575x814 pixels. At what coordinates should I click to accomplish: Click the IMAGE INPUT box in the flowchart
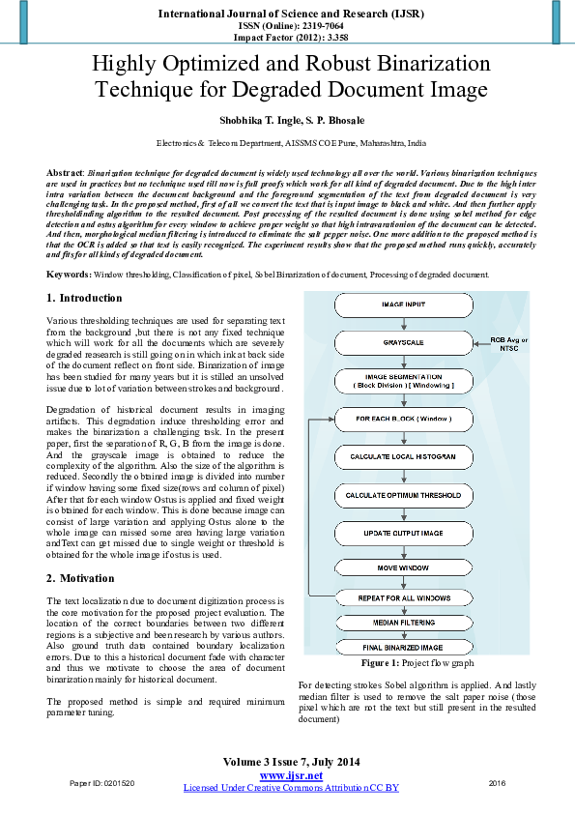click(402, 306)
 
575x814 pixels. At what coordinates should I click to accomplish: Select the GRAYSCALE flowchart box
click(402, 343)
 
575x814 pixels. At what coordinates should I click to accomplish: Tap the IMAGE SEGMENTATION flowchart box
click(402, 381)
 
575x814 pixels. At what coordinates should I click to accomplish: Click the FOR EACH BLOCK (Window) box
click(402, 420)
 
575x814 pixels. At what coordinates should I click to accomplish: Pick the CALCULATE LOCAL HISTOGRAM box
click(402, 456)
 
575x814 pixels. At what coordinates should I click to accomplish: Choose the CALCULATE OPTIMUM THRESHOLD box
click(402, 495)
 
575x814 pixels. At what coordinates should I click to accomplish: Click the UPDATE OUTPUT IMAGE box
click(402, 533)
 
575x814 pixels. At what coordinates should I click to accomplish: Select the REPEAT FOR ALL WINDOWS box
click(402, 597)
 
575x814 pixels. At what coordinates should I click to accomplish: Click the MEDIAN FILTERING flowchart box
click(402, 623)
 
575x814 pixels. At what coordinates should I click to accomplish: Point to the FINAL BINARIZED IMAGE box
click(402, 647)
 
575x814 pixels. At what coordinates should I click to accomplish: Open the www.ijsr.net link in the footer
click(291, 775)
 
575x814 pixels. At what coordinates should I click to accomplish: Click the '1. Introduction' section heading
click(85, 299)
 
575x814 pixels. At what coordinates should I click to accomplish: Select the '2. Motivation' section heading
click(80, 578)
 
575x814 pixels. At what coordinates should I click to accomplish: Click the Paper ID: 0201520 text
click(101, 782)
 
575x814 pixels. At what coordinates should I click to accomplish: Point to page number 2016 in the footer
click(497, 782)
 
